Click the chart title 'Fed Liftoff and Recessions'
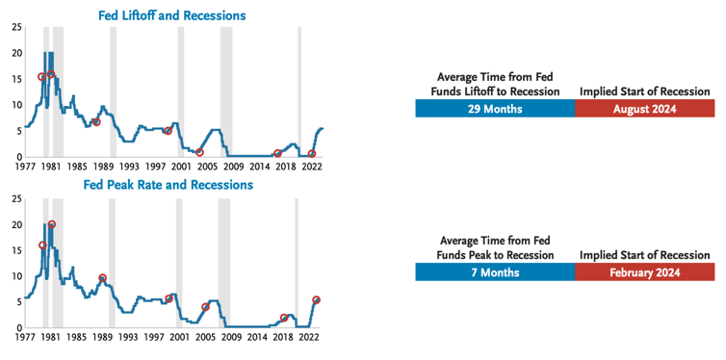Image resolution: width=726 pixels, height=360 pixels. tap(171, 15)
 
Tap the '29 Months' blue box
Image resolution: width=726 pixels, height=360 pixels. tap(495, 109)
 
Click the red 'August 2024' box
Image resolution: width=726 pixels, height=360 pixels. tap(644, 109)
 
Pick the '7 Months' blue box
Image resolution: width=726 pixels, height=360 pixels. tap(495, 272)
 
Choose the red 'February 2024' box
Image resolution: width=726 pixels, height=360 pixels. tap(644, 272)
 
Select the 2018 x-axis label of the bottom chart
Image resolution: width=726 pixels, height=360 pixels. tap(283, 339)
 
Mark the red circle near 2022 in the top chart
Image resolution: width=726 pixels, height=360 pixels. tap(312, 153)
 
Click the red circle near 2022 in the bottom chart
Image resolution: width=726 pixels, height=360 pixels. tap(317, 300)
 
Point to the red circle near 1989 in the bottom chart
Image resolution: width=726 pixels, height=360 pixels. tap(102, 278)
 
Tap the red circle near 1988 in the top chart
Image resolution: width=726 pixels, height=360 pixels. tap(96, 122)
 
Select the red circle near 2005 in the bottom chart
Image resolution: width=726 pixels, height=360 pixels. tap(206, 307)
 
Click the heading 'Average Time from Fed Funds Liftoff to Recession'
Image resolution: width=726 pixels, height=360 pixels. tap(495, 85)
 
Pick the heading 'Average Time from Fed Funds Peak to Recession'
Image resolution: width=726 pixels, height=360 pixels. tap(495, 248)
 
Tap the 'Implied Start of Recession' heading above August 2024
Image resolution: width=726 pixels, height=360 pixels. tap(644, 91)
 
